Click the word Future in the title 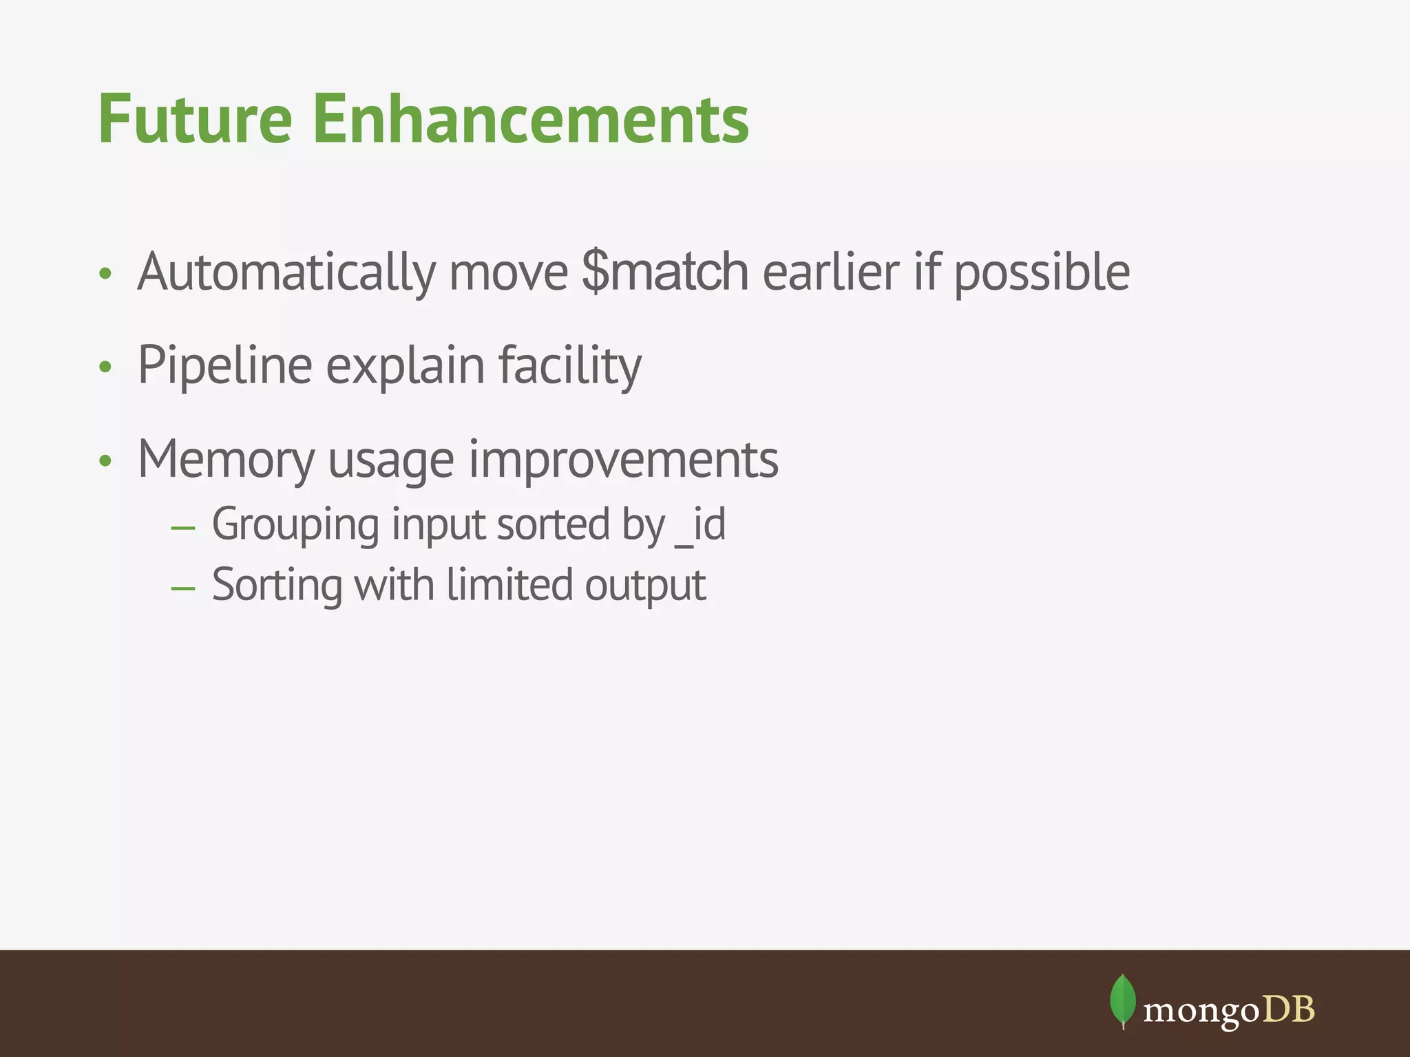pyautogui.click(x=196, y=120)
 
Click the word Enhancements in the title pyautogui.click(x=530, y=120)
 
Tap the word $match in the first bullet pyautogui.click(x=665, y=273)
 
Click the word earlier pyautogui.click(x=830, y=273)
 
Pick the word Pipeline pyautogui.click(x=224, y=366)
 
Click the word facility pyautogui.click(x=569, y=366)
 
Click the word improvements pyautogui.click(x=624, y=460)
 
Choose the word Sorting pyautogui.click(x=277, y=585)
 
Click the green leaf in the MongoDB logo pyautogui.click(x=1122, y=1000)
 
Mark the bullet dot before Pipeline pyautogui.click(x=105, y=367)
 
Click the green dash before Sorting pyautogui.click(x=183, y=588)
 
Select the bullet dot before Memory pyautogui.click(x=105, y=461)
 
